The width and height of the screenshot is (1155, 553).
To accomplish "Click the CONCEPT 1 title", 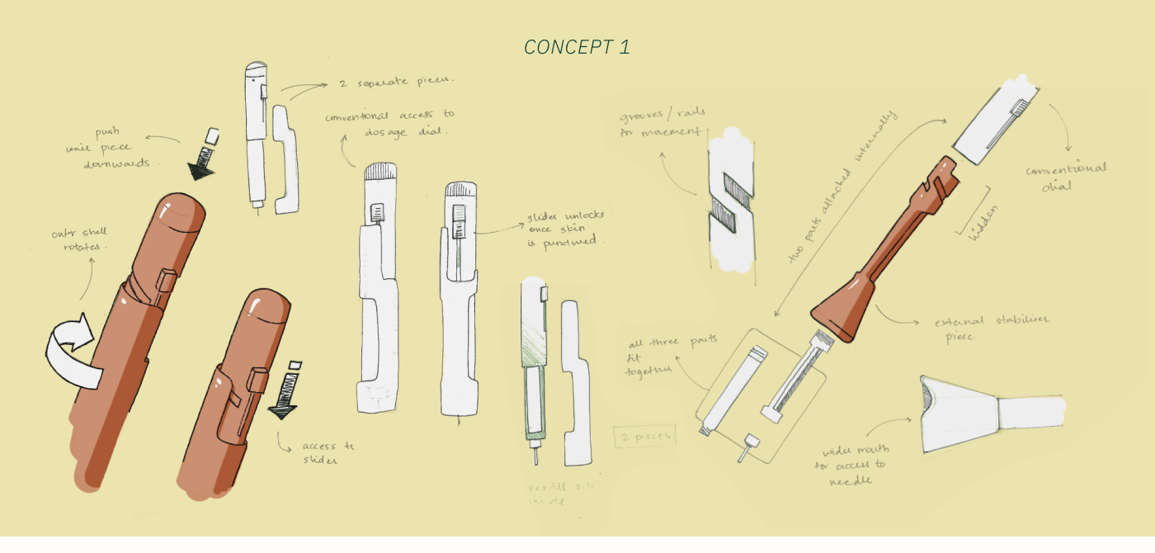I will point(577,47).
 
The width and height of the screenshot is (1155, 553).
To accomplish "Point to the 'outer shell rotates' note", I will point(80,240).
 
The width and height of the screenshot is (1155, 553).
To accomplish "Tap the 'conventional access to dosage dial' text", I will point(389,123).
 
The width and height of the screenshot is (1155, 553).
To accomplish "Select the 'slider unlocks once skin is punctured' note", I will point(566,229).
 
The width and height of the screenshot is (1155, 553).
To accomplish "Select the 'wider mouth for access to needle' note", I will point(856,466).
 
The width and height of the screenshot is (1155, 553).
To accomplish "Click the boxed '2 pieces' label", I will point(644,436).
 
